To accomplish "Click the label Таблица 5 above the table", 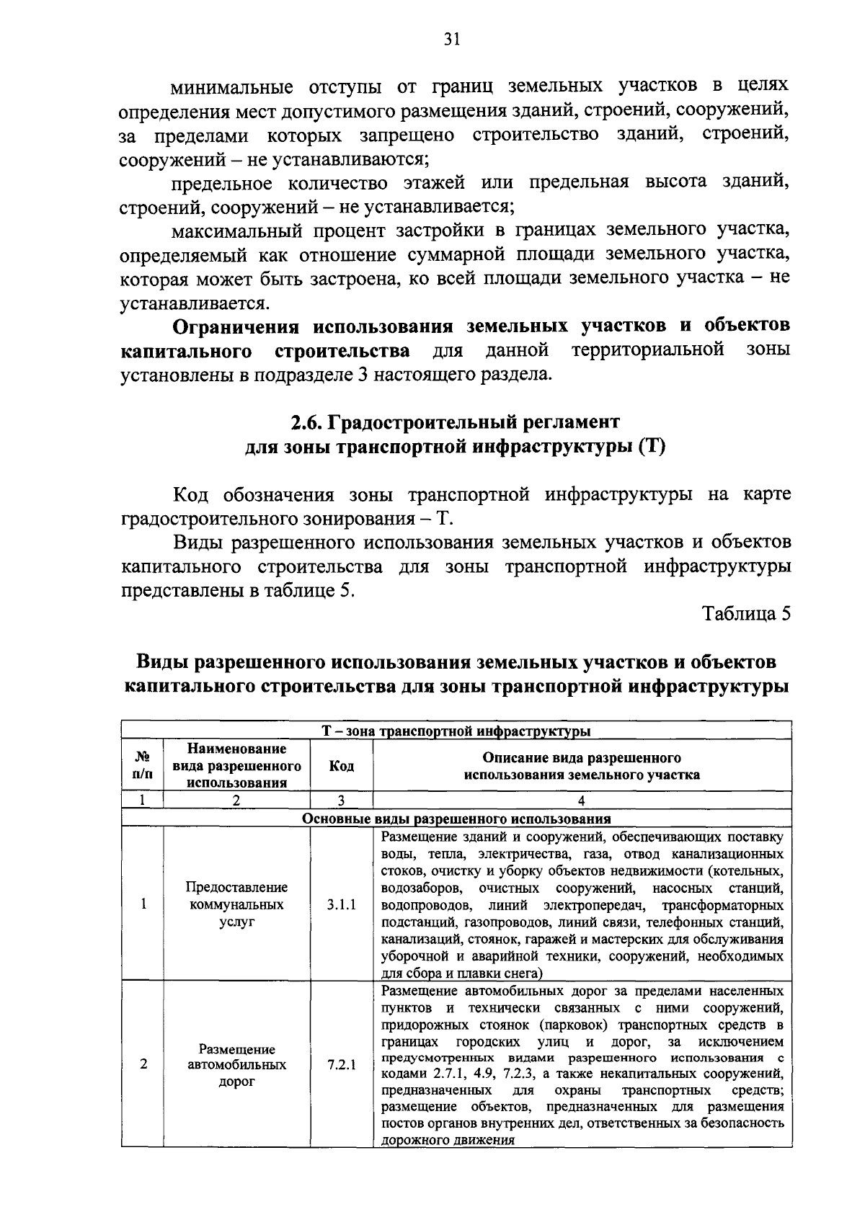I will pos(747,613).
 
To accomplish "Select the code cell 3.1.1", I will pos(341,905).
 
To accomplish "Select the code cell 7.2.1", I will pos(341,1064).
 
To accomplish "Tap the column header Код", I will pos(341,767).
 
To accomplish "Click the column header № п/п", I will pos(143,767).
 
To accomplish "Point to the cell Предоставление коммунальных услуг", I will pos(236,904).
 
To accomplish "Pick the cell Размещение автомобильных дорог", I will pos(236,1065).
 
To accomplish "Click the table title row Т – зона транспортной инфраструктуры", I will pos(456,732).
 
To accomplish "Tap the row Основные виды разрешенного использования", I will pos(456,819).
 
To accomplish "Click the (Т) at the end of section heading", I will pos(651,447).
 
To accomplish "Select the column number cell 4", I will pos(582,800).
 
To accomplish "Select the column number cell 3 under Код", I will pos(341,800).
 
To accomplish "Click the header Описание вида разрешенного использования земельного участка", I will pos(582,767).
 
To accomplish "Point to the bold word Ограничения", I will pos(235,326).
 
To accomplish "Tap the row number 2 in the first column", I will pos(143,1064).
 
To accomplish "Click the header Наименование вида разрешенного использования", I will pos(236,767).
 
